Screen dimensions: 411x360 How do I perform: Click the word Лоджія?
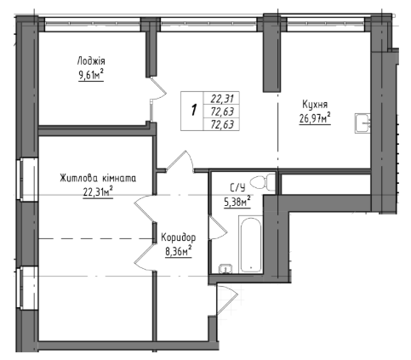91,61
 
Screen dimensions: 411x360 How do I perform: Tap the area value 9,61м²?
91,75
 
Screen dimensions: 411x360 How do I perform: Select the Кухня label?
315,105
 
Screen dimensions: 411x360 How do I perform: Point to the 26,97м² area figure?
315,118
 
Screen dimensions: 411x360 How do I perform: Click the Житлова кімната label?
98,179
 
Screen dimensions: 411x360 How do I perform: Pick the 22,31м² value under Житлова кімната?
98,192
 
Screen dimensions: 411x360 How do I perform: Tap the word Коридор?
178,237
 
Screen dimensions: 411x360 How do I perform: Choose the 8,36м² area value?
178,251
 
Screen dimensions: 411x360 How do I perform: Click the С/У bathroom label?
237,187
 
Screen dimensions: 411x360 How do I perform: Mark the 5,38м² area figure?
237,202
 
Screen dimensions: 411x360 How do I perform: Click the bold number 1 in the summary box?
194,110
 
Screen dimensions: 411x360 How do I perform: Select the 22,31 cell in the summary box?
222,99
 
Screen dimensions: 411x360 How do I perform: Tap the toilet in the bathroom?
263,182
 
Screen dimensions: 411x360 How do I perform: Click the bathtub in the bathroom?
251,244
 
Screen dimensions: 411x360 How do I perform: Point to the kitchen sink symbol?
362,123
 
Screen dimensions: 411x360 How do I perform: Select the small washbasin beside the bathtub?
225,269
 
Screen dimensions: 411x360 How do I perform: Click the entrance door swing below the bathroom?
226,300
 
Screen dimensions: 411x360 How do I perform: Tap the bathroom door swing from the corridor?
218,227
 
